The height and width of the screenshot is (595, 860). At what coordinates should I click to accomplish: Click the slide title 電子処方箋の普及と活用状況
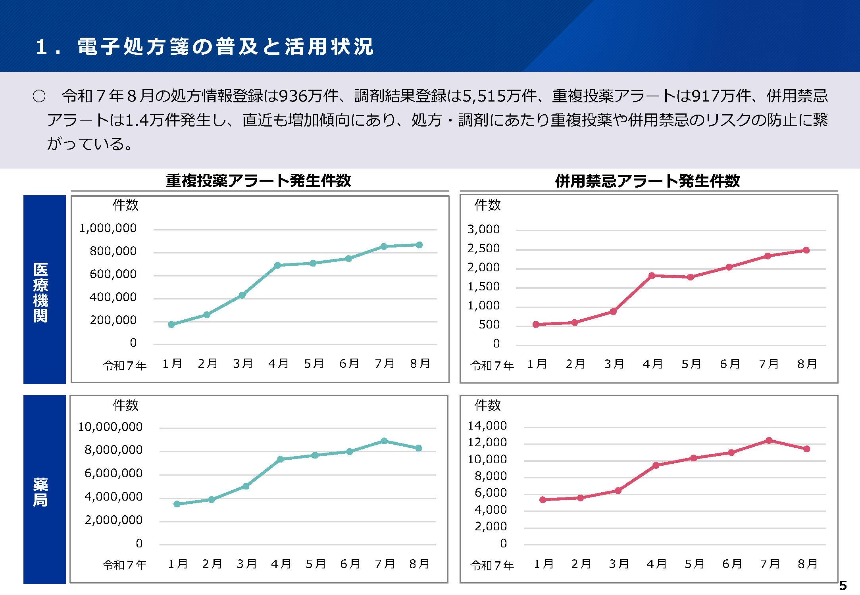coord(225,47)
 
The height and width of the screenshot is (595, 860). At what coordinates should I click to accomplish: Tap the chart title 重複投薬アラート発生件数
coord(258,181)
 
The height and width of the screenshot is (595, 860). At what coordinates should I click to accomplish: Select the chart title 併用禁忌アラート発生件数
coord(647,181)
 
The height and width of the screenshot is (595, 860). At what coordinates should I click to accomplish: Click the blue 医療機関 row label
coord(41,292)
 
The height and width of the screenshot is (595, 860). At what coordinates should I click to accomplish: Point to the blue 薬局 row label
coord(41,492)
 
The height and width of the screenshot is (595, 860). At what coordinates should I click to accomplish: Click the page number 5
coord(843,585)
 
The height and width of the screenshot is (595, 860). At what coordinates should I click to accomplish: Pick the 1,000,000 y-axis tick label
coord(108,228)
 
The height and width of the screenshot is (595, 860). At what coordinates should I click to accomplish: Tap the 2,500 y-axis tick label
coord(483,248)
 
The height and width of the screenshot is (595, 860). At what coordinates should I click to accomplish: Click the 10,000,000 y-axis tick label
coord(110,427)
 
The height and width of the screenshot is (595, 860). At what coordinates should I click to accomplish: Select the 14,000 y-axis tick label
coord(487,426)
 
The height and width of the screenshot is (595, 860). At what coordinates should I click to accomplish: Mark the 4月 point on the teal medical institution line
coord(277,265)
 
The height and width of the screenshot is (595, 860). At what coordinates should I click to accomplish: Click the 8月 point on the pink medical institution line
coord(806,250)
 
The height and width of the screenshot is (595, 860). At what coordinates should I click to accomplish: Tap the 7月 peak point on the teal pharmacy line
coord(384,441)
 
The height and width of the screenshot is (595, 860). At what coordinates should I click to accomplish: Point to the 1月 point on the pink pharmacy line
coord(543,500)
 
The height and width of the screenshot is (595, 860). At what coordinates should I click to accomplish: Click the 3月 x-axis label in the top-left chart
coord(243,363)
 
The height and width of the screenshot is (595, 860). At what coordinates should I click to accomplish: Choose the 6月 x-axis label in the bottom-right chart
coord(732,564)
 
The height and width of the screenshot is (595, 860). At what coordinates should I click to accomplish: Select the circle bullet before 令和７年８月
coord(39,96)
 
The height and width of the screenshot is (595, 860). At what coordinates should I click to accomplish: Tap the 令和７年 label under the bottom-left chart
coord(125,564)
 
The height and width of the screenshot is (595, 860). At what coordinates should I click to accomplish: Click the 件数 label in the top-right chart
coord(487,205)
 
